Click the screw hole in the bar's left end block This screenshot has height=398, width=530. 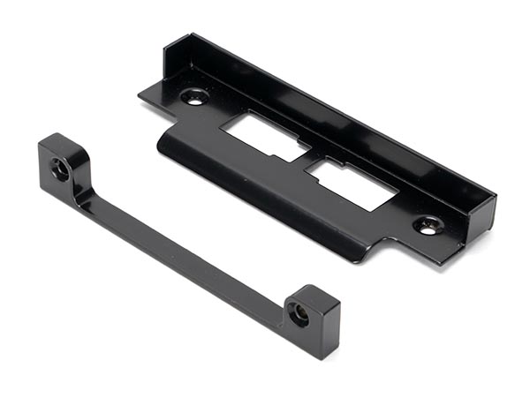pos(61,169)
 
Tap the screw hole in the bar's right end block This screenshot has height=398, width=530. pos(300,313)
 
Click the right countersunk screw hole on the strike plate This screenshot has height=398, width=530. pos(427,225)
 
